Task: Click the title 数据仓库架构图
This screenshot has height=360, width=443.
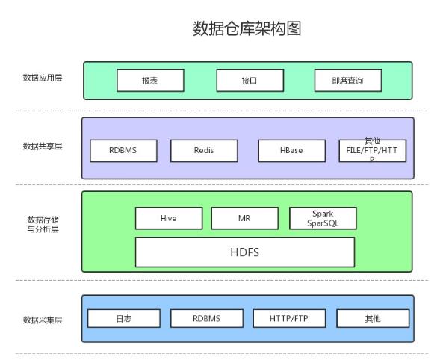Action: coord(247,28)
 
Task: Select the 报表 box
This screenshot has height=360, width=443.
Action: coord(150,80)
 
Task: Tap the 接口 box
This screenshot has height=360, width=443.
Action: coord(249,80)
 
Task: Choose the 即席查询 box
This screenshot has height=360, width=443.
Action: coord(347,80)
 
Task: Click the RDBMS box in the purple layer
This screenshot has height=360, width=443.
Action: coord(123,150)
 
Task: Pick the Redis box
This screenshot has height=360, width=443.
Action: coord(204,150)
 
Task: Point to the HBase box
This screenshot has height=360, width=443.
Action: coord(291,150)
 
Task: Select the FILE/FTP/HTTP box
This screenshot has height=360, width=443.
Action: coord(372,150)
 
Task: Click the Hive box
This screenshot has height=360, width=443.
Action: coord(169,218)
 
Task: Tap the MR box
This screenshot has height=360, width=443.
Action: coord(244,218)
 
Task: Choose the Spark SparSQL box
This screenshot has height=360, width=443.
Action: coord(323,218)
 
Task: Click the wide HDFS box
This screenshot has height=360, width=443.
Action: coord(244,252)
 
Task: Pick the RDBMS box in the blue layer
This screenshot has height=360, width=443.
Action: coord(206,318)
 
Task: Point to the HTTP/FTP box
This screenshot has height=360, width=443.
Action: coord(289,318)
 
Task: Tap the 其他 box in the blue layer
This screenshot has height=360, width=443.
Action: coord(372,318)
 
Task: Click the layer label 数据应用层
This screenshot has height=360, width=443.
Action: coord(43,76)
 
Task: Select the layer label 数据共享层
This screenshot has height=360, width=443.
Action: coord(43,146)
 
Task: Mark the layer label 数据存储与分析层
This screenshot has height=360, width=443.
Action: coord(43,224)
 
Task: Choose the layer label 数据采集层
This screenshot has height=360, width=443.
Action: coord(43,320)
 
